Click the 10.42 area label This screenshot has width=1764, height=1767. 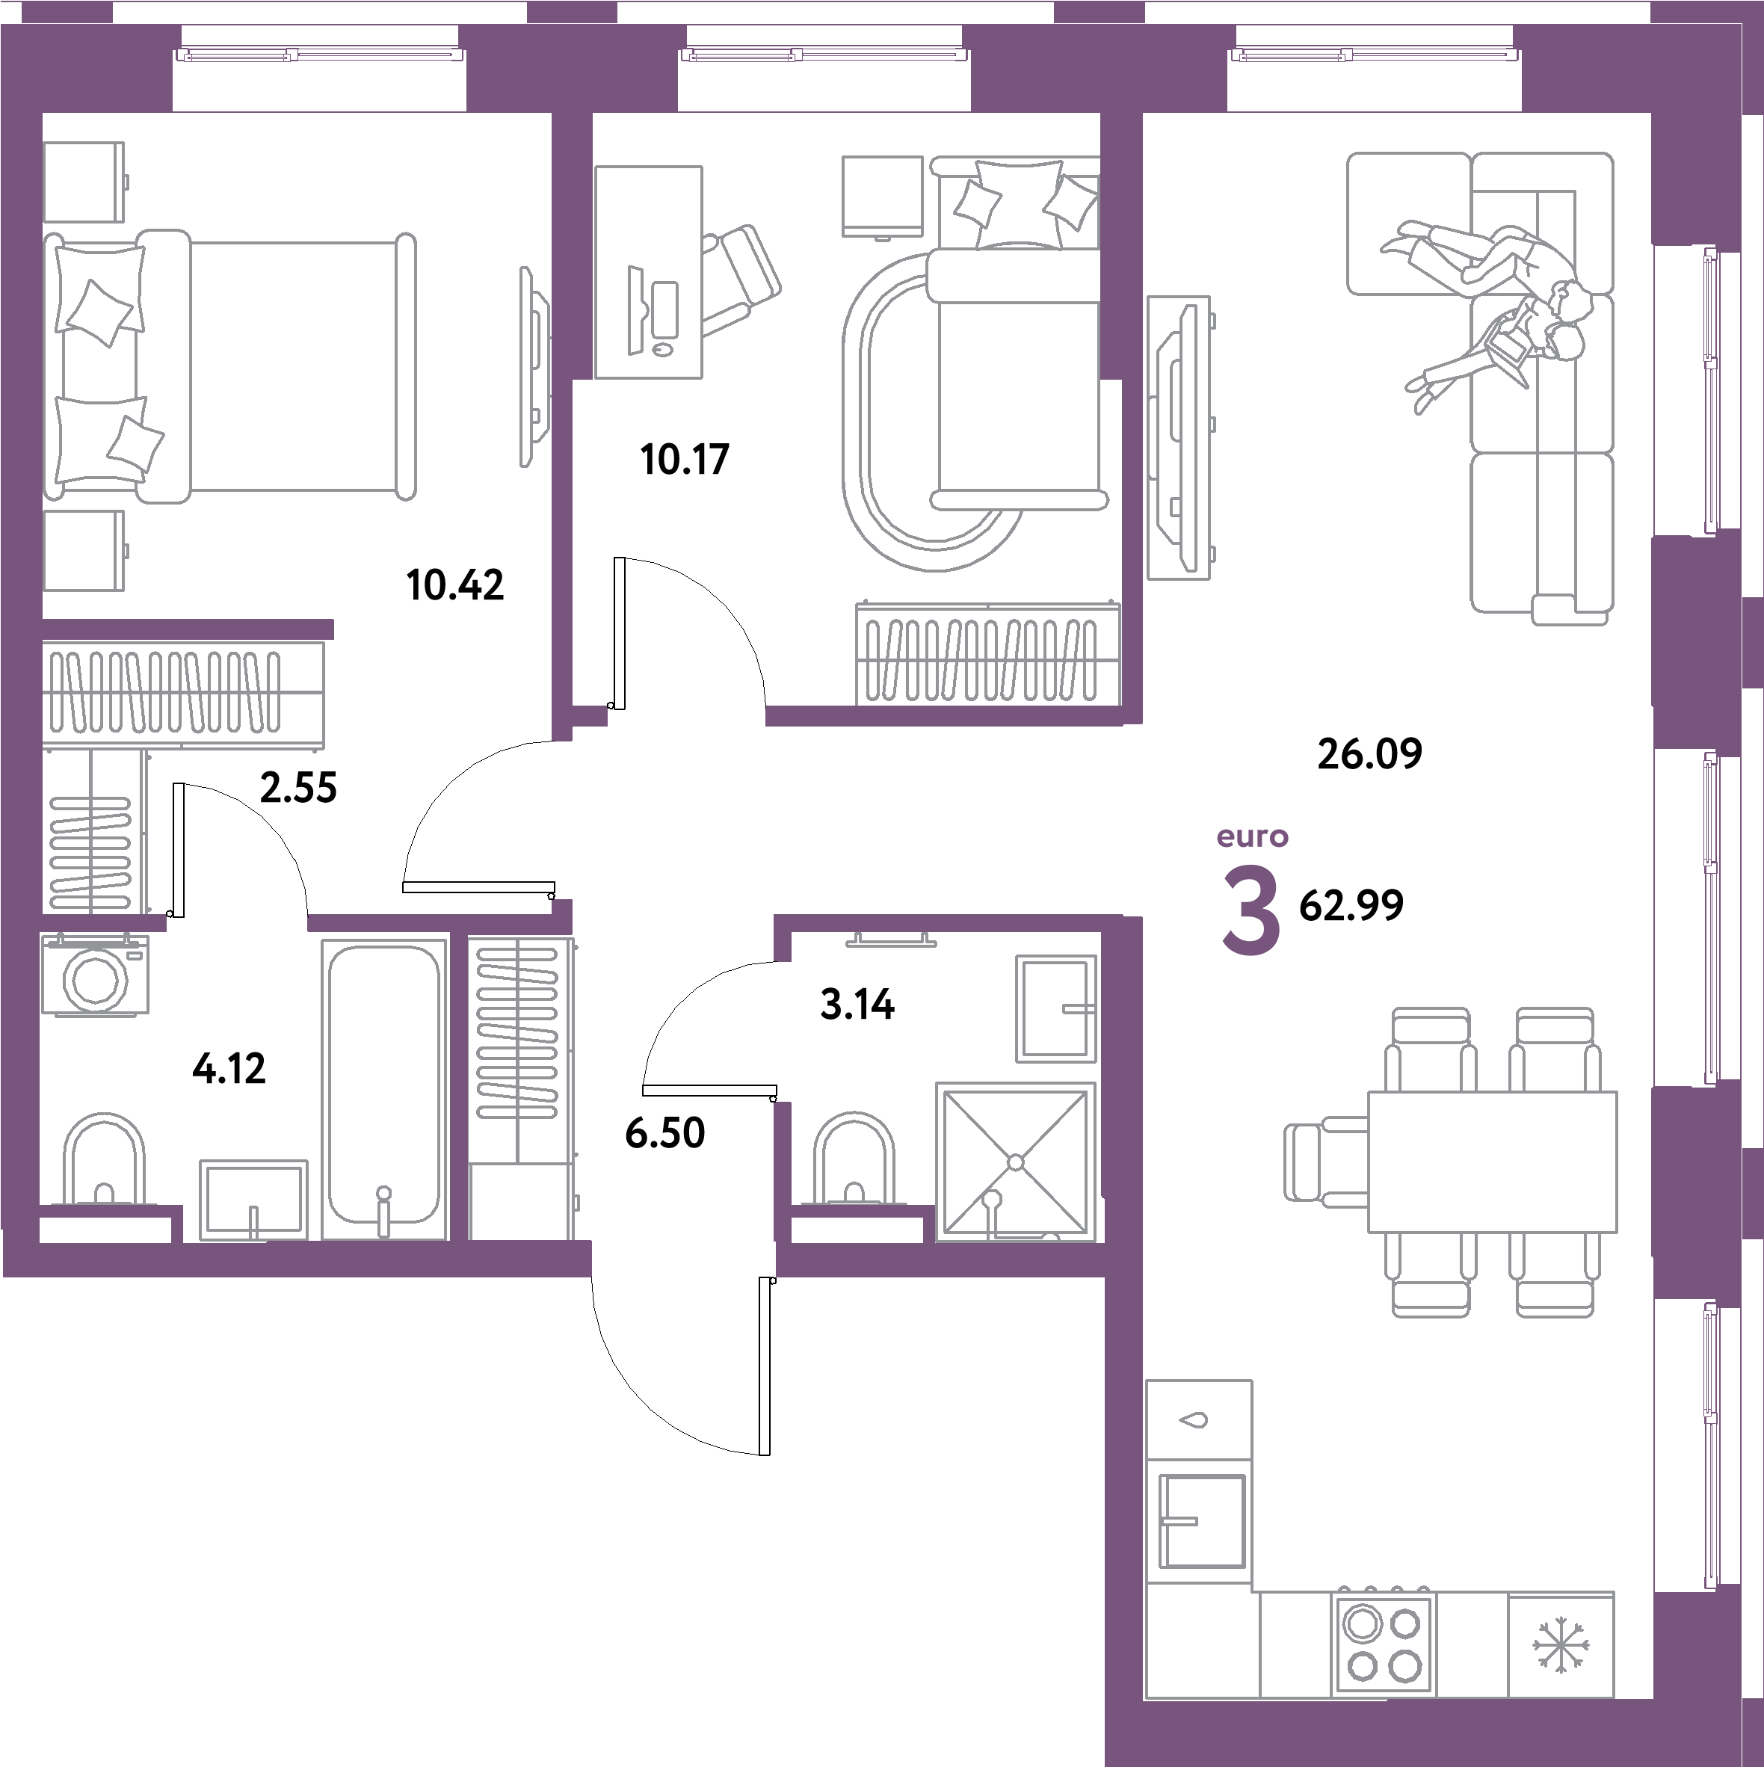[454, 585]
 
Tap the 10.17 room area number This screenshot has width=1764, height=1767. [684, 459]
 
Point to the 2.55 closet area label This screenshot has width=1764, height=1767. [298, 788]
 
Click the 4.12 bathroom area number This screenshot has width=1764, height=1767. [229, 1068]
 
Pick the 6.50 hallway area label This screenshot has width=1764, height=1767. [664, 1134]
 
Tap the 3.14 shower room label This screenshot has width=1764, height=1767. [857, 1005]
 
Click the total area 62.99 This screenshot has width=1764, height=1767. [1351, 905]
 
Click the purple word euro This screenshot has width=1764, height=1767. [1252, 837]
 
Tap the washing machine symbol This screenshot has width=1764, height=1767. [95, 975]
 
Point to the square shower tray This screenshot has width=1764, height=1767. [1015, 1162]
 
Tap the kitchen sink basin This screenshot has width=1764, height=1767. [1202, 1521]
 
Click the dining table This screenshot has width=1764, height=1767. [1491, 1162]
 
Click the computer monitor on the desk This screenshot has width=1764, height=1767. [635, 310]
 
